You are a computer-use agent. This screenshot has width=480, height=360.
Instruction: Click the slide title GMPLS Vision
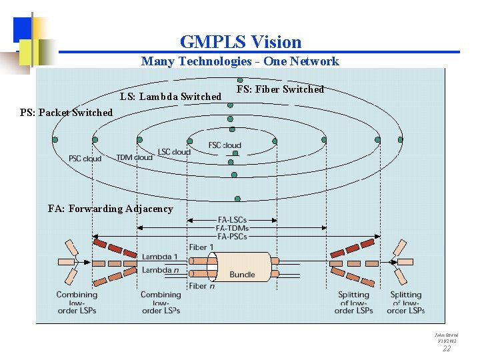[240, 42]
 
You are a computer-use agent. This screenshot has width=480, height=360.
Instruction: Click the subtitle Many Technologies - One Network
[240, 61]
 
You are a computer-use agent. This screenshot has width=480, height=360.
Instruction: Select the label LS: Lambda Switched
[171, 97]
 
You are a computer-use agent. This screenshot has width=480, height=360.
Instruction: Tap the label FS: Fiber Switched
[280, 89]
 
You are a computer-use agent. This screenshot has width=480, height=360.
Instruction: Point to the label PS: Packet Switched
[66, 113]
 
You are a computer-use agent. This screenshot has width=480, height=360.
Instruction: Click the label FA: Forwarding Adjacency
[110, 209]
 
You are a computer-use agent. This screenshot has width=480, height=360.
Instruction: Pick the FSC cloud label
[225, 145]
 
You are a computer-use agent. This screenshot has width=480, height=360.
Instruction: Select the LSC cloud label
[173, 152]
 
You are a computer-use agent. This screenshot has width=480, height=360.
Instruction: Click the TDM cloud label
[134, 157]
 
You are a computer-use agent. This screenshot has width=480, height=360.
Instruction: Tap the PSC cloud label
[85, 159]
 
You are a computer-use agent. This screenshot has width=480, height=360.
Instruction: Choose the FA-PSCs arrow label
[232, 236]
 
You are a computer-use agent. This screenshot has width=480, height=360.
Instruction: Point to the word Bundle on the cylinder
[242, 275]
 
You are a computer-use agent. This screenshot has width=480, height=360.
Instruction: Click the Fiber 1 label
[202, 247]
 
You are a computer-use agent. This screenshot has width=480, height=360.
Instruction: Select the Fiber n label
[202, 286]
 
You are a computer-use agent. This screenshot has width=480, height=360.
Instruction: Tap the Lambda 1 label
[159, 257]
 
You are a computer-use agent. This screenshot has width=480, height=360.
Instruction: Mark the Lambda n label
[159, 270]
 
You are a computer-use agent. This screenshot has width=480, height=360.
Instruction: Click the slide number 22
[447, 348]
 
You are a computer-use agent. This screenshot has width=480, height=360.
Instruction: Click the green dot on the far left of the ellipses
[55, 140]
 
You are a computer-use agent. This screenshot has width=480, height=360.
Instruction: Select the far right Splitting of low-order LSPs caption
[405, 302]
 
